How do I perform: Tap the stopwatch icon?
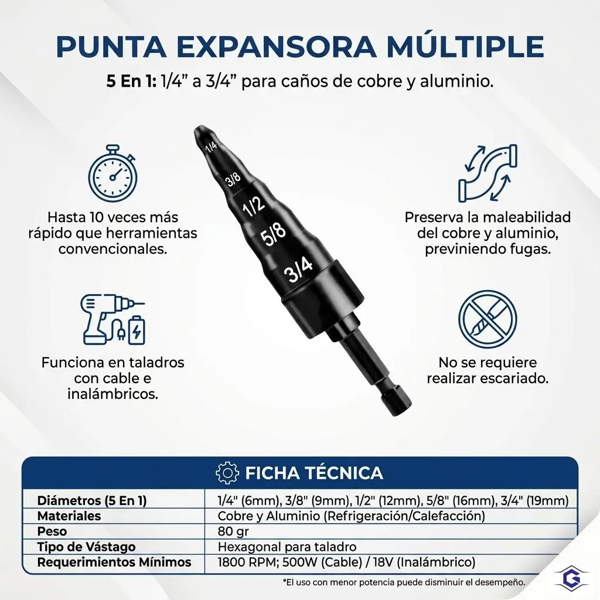pyautogui.click(x=113, y=173)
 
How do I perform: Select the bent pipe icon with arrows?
pyautogui.click(x=487, y=173)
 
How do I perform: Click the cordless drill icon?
pyautogui.click(x=112, y=319)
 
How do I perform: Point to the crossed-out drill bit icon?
pyautogui.click(x=487, y=319)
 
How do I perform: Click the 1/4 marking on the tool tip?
pyautogui.click(x=211, y=146)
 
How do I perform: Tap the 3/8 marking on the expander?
pyautogui.click(x=233, y=178)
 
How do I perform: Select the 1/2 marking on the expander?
pyautogui.click(x=253, y=206)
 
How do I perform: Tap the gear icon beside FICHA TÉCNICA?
pyautogui.click(x=228, y=473)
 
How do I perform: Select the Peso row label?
pyautogui.click(x=52, y=531)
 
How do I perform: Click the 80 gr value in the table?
pyautogui.click(x=233, y=531)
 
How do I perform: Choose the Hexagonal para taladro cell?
pyautogui.click(x=287, y=547)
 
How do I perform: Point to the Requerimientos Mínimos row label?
pyautogui.click(x=114, y=562)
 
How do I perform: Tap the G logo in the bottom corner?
pyautogui.click(x=572, y=578)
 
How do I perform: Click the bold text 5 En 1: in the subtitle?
pyautogui.click(x=131, y=81)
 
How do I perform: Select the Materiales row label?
pyautogui.click(x=69, y=516)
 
